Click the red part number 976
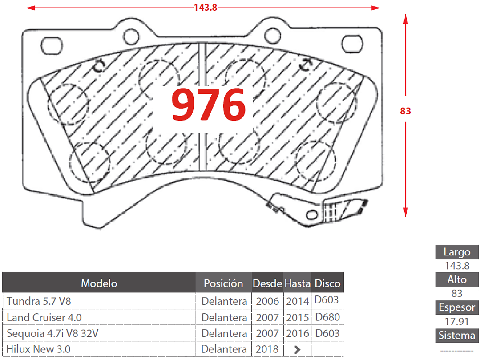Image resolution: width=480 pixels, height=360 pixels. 209,105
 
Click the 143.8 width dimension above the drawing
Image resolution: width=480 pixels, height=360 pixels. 205,8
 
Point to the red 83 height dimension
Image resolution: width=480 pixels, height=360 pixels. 405,111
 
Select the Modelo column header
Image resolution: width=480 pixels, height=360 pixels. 99,283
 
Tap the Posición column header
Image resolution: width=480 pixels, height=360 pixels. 223,283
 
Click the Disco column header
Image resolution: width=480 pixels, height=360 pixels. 327,283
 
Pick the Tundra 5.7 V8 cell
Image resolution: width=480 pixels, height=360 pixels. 39,301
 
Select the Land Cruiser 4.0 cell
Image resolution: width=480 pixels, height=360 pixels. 44,317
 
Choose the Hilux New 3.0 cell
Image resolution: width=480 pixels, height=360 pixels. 38,349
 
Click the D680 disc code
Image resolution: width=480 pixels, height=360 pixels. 327,317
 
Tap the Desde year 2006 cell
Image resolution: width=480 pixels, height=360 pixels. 267,301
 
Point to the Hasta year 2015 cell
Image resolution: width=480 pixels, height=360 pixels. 297,317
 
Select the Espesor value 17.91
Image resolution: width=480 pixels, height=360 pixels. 456,321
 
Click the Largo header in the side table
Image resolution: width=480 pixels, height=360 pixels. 456,252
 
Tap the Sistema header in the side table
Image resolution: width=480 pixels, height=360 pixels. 456,335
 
